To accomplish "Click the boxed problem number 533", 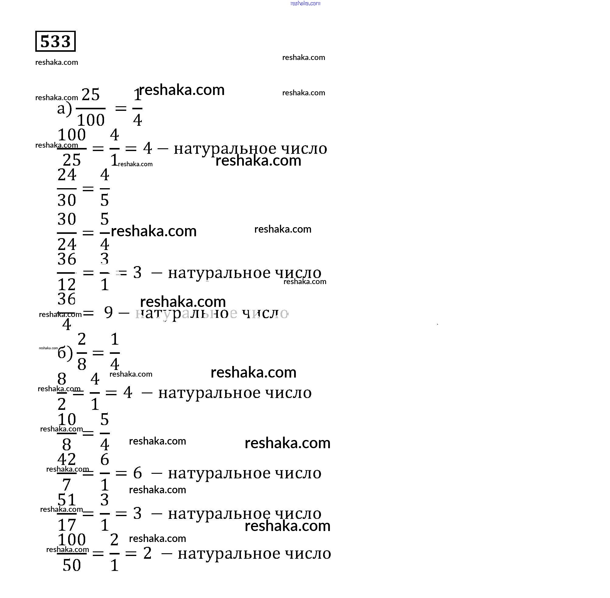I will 56,41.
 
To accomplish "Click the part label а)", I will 64,109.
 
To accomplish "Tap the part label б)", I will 65,353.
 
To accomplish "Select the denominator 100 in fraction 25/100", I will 91,120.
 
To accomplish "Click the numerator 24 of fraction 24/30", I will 67,175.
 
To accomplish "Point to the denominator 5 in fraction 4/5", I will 104,200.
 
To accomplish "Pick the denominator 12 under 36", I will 67,285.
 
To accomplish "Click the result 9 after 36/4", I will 108,312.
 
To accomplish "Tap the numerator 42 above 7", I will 67,459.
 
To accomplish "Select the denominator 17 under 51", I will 67,525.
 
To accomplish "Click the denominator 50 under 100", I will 71,565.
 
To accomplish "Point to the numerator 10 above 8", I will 67,419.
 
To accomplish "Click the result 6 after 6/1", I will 138,473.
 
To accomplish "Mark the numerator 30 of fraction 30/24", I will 67,219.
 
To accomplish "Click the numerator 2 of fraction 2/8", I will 82,339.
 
